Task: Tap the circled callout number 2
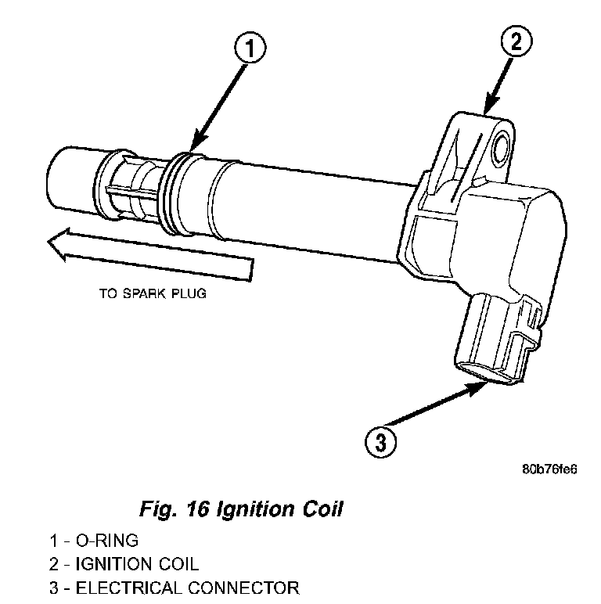[516, 41]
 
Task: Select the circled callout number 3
[380, 443]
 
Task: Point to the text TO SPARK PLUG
[155, 295]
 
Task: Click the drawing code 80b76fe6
[549, 469]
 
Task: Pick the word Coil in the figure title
[321, 509]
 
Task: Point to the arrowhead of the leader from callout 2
[487, 112]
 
